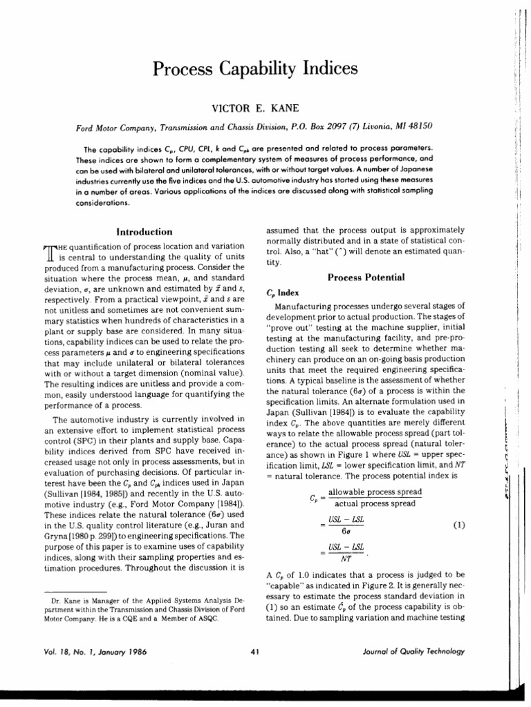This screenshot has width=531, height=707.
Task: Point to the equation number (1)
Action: [x=458, y=525]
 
